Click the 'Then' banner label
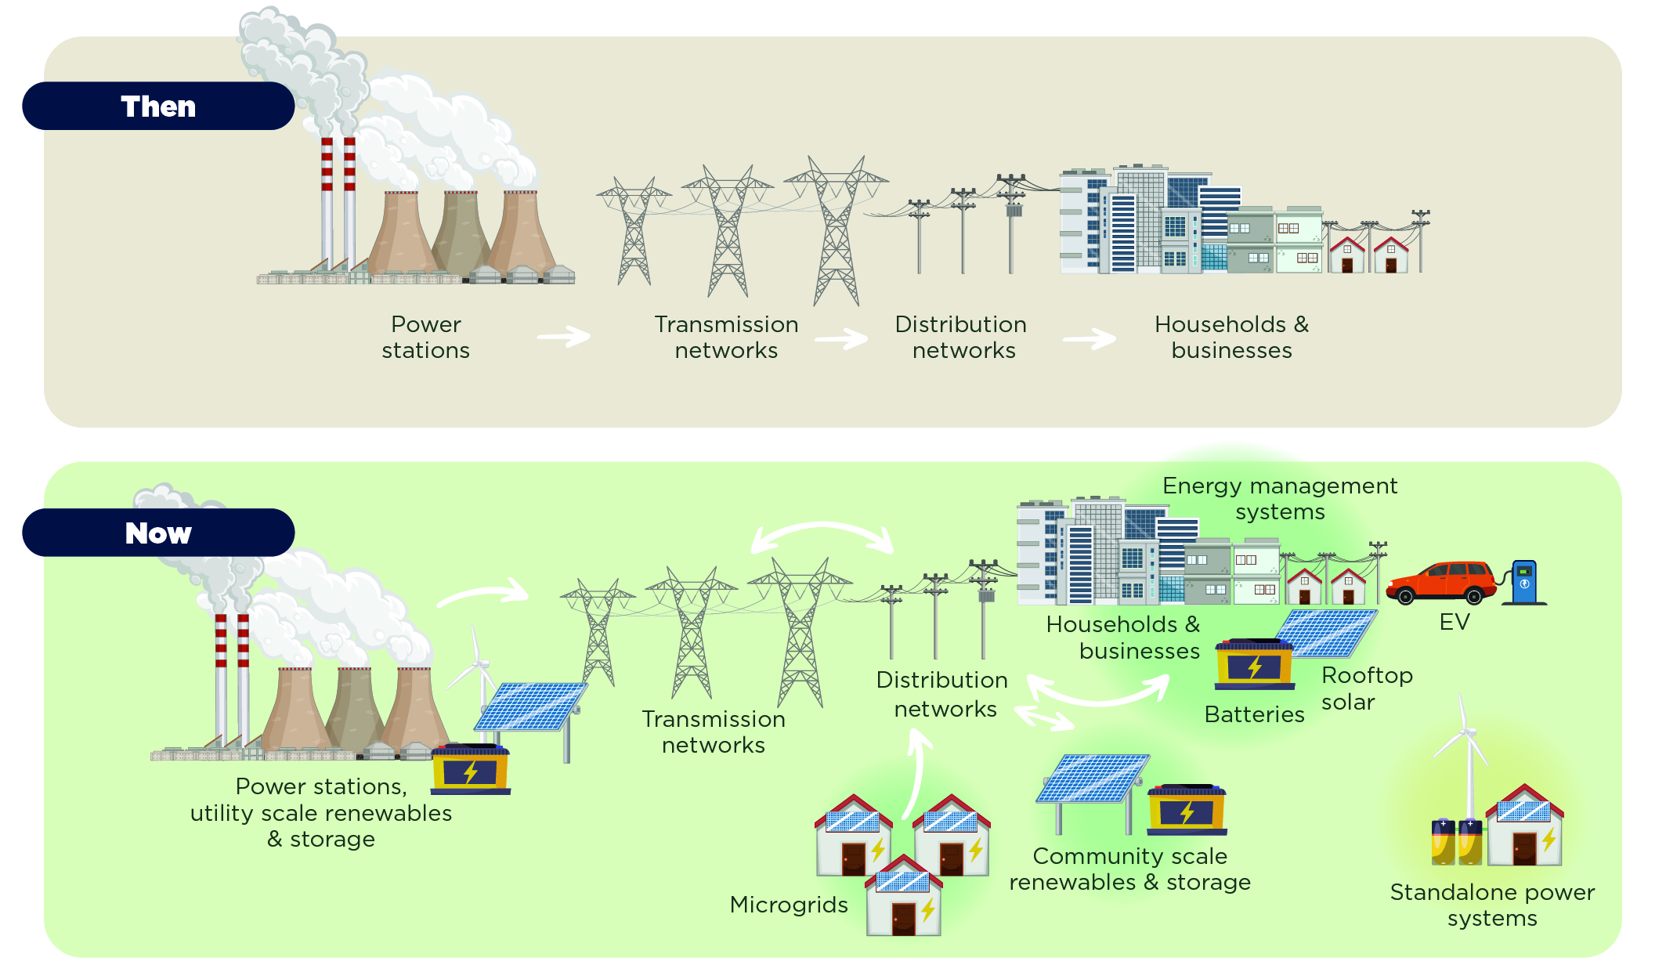(158, 107)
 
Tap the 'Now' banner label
(158, 533)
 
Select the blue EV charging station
(1524, 583)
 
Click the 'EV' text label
(1455, 623)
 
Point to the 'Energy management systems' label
(1280, 499)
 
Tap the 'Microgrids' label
(789, 905)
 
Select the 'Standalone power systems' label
(1492, 905)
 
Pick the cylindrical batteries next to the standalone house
(1456, 842)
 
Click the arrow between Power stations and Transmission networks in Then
(564, 338)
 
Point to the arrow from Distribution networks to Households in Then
(1090, 339)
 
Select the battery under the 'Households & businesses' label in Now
(1254, 664)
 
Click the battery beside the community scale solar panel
(1187, 810)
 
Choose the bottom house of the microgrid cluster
(903, 898)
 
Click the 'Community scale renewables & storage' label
(1129, 869)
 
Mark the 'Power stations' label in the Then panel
(425, 338)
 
